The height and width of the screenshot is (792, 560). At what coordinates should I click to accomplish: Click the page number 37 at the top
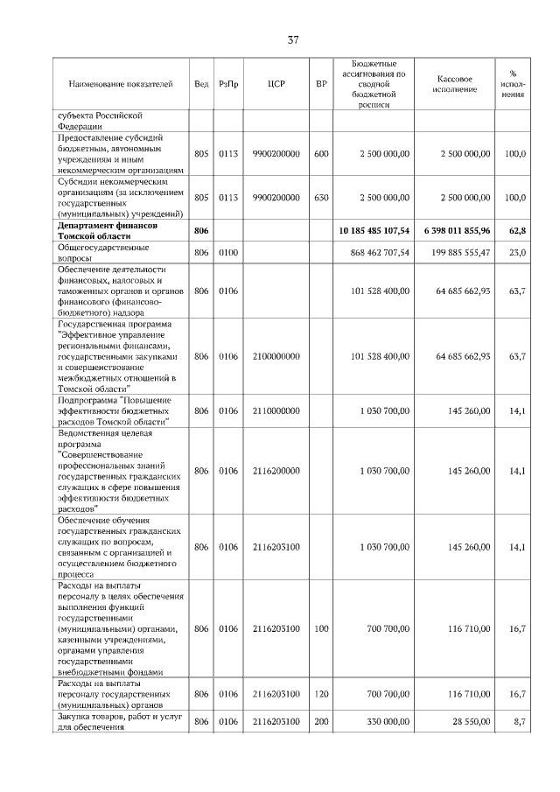coord(293,39)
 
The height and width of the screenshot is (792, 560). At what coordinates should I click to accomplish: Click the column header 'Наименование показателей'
coord(120,84)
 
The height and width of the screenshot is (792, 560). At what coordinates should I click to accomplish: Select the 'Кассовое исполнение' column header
coord(454,84)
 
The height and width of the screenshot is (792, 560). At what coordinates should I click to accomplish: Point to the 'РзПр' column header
coord(227,84)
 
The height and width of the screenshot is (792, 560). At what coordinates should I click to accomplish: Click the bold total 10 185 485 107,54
coord(374,231)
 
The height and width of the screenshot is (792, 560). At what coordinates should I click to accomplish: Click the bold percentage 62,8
coord(517,231)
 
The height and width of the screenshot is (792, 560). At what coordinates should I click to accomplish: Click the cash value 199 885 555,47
coord(456,253)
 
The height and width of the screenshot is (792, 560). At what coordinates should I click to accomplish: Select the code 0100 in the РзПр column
coord(227,253)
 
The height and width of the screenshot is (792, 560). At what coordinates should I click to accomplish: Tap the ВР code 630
coord(321,198)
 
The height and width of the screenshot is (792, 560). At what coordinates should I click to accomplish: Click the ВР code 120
coord(321,693)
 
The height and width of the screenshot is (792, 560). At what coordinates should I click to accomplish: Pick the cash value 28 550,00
coord(466,721)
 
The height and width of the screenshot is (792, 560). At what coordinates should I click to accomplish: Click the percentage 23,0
coord(517,253)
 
